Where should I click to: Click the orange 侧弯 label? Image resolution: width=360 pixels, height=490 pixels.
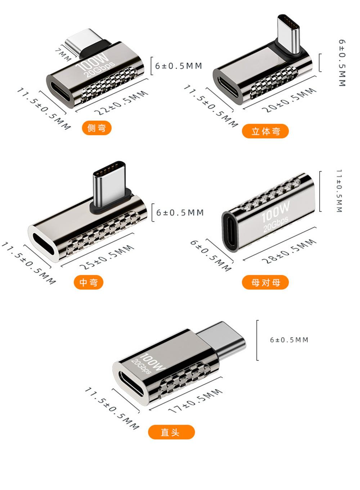[x=96, y=128]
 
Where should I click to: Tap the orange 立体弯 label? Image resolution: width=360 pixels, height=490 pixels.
[x=265, y=131]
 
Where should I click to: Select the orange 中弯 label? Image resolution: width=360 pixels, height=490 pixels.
[x=89, y=282]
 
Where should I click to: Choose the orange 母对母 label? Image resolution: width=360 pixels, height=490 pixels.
[x=265, y=282]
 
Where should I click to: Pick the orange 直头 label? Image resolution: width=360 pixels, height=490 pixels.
[x=171, y=432]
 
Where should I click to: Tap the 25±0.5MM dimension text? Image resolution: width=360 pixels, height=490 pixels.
[x=107, y=257]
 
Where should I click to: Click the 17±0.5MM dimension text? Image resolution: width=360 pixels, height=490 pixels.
[x=195, y=401]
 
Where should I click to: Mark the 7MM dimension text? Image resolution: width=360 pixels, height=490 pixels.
[x=63, y=53]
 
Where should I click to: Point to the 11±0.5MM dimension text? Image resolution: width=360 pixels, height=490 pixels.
[x=339, y=191]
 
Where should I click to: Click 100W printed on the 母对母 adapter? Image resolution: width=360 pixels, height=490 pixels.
[x=275, y=212]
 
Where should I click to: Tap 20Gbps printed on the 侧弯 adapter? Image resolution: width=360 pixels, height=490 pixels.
[x=99, y=69]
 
